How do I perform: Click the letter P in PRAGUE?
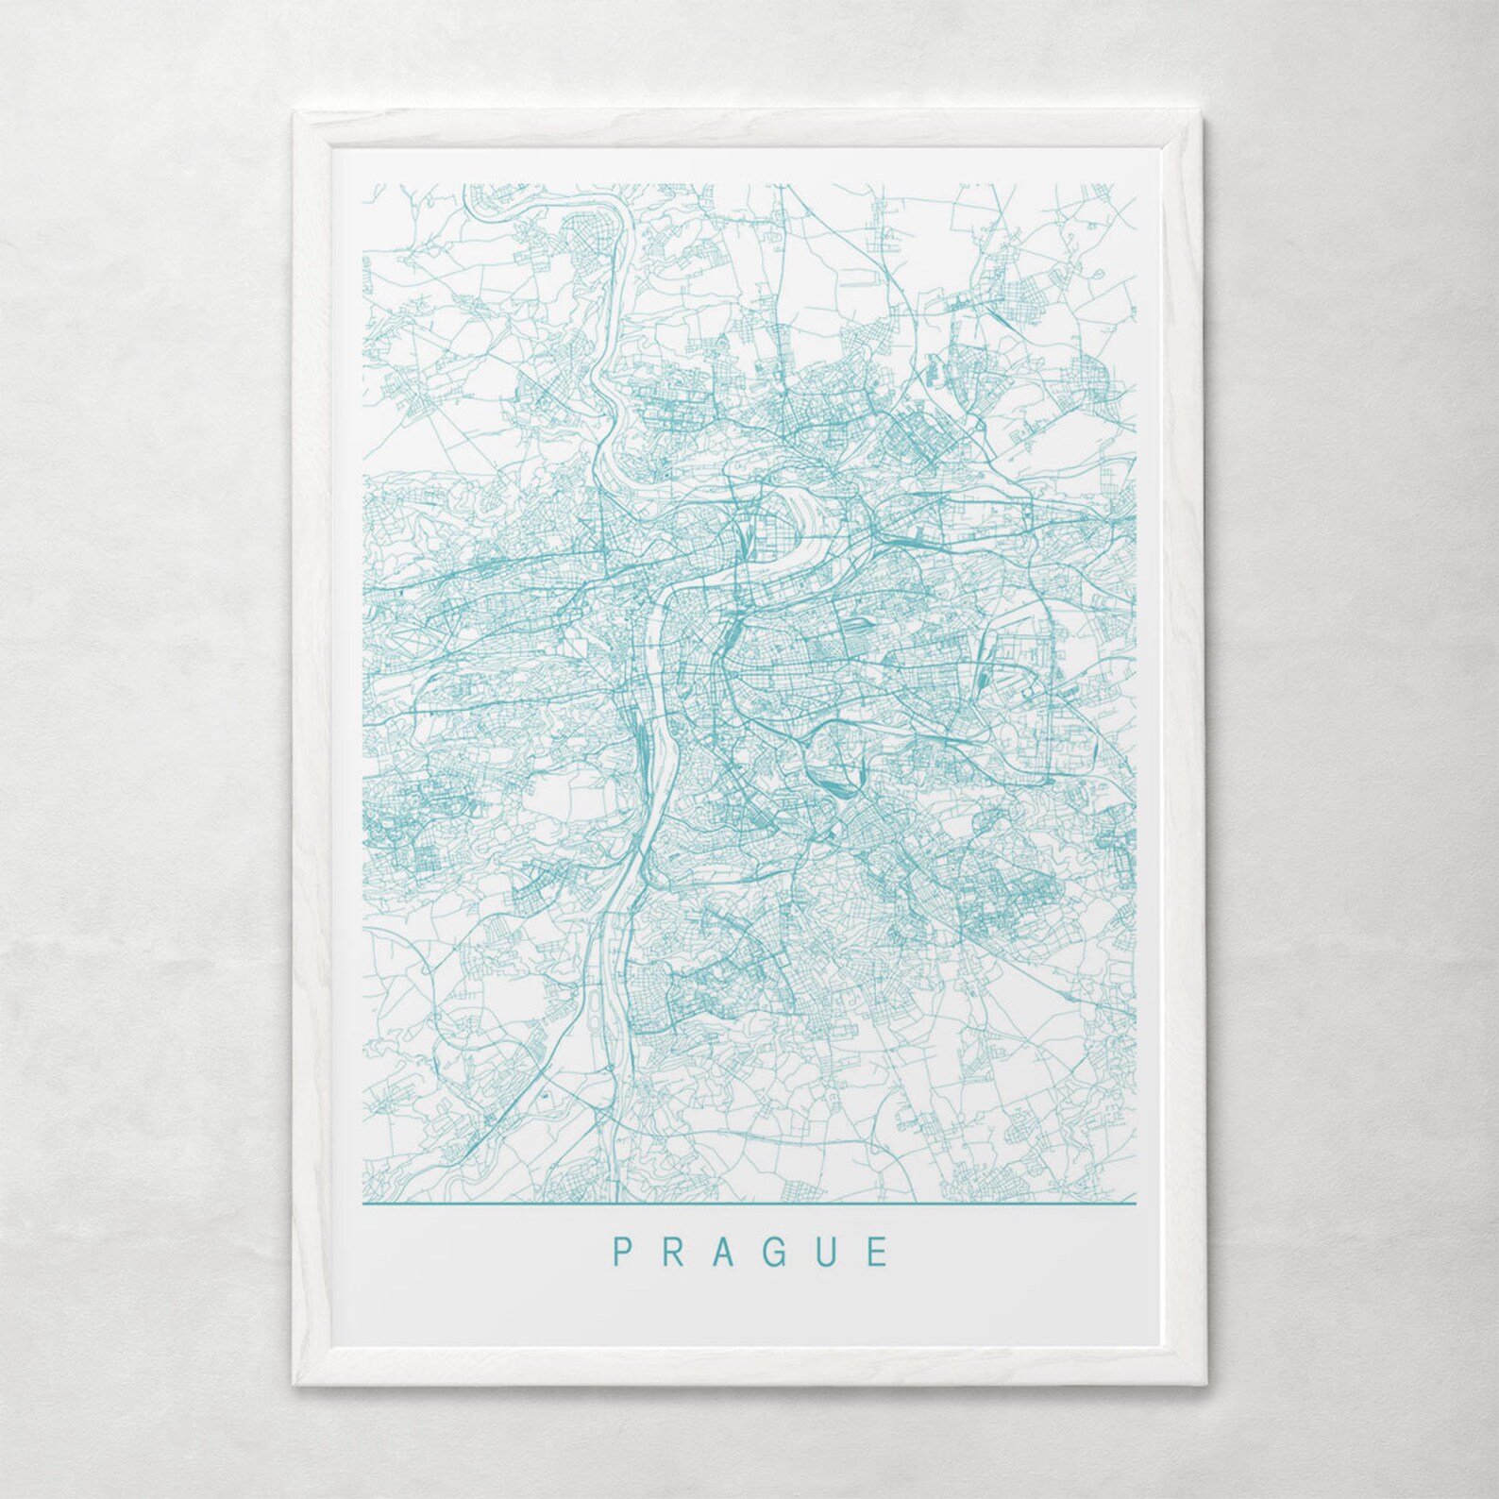[622, 1252]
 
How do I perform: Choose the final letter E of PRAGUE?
[879, 1252]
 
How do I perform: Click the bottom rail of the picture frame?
[749, 1371]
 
